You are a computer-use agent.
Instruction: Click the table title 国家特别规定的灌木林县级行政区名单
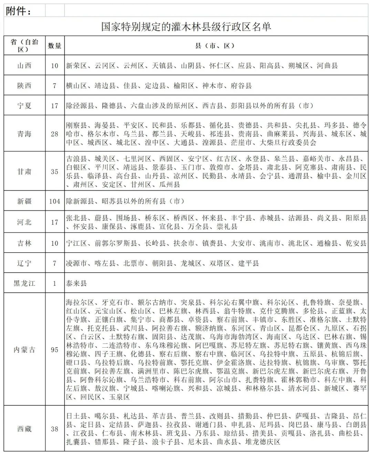pos(186,27)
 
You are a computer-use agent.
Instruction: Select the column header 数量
pos(54,45)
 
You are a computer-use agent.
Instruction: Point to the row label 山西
pos(24,65)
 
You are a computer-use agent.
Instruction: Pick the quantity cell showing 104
pos(54,201)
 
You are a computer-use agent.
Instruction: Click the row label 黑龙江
pos(24,284)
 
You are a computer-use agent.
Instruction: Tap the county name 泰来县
pos(76,284)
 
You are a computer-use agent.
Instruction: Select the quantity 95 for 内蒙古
pos(54,350)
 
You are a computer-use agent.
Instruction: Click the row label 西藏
pos(24,429)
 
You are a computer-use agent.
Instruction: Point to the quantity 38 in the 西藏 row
pos(54,429)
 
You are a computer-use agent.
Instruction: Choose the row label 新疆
pos(24,201)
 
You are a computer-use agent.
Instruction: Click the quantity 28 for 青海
pos(54,134)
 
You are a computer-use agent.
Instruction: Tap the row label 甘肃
pos(24,171)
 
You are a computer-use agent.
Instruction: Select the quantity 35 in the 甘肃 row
pos(54,171)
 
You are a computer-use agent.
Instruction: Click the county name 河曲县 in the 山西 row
pos(327,65)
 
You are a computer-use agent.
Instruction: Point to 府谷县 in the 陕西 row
pos(241,85)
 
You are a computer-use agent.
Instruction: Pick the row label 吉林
pos(24,243)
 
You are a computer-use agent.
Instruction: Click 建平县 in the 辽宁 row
pos(249,263)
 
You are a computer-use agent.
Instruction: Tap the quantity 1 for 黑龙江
pos(54,284)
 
